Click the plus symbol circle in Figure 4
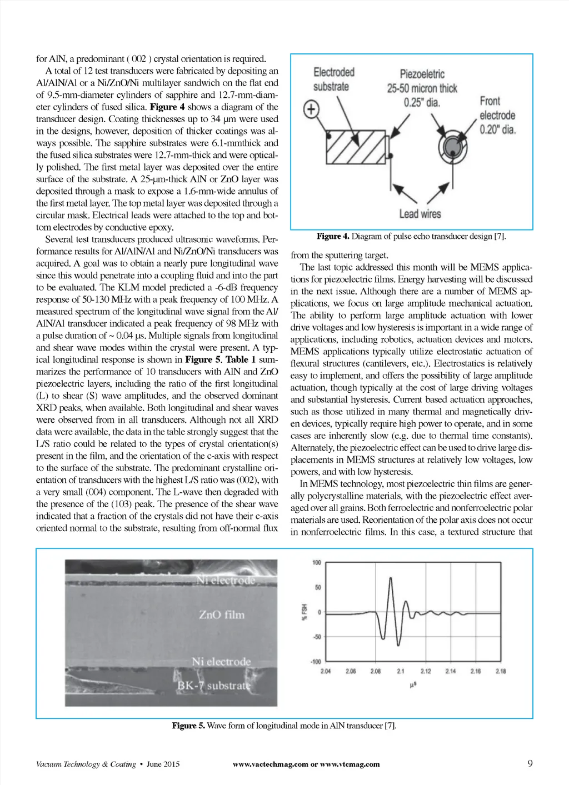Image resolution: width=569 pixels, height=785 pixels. pos(312,109)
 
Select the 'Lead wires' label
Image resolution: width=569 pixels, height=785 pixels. pos(420,214)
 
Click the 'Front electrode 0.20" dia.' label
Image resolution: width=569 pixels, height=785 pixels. pos(497,115)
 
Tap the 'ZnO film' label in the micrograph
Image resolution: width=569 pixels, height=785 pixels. pos(221,614)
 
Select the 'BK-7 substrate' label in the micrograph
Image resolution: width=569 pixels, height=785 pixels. pos(213,686)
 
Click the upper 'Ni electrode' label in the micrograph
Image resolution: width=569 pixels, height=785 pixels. pos(226,581)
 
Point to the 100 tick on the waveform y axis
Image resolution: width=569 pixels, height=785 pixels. pos(316,563)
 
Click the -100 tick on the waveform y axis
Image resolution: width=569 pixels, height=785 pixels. pos(315,662)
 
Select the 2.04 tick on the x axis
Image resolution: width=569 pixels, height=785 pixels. pos(326,671)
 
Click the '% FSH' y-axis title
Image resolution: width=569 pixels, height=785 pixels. pos(304,612)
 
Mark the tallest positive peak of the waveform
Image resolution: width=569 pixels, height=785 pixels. pos(391,578)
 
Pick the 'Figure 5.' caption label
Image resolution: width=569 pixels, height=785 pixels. pos(188,726)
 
